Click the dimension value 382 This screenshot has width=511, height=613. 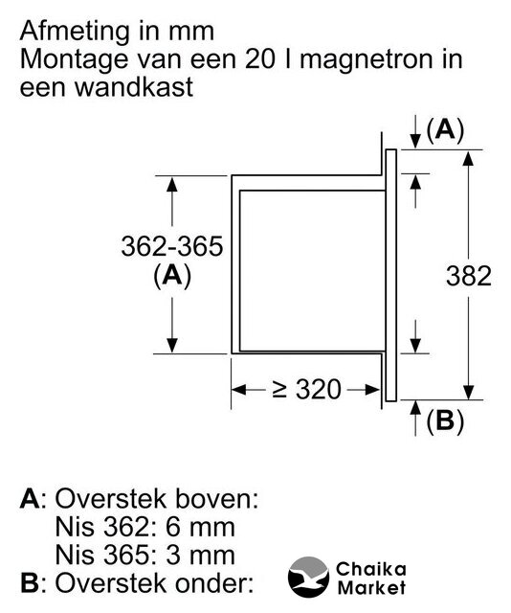point(469,276)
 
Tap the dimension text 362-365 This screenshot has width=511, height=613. point(172,246)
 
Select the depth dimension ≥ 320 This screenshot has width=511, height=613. point(306,390)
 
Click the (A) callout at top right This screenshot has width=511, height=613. point(445,130)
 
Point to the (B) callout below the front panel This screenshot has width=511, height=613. point(445,421)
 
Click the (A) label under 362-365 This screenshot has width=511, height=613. point(172,276)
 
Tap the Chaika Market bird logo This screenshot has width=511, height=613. point(308,577)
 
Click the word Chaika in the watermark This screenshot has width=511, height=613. point(370,569)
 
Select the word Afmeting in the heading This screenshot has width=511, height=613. point(72,33)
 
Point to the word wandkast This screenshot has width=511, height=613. point(134,87)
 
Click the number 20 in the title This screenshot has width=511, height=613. point(259,59)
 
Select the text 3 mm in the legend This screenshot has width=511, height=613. point(200,555)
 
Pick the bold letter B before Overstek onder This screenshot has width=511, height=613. point(30,583)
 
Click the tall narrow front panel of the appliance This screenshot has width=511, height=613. point(390,275)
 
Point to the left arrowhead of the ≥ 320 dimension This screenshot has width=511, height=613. point(238,390)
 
